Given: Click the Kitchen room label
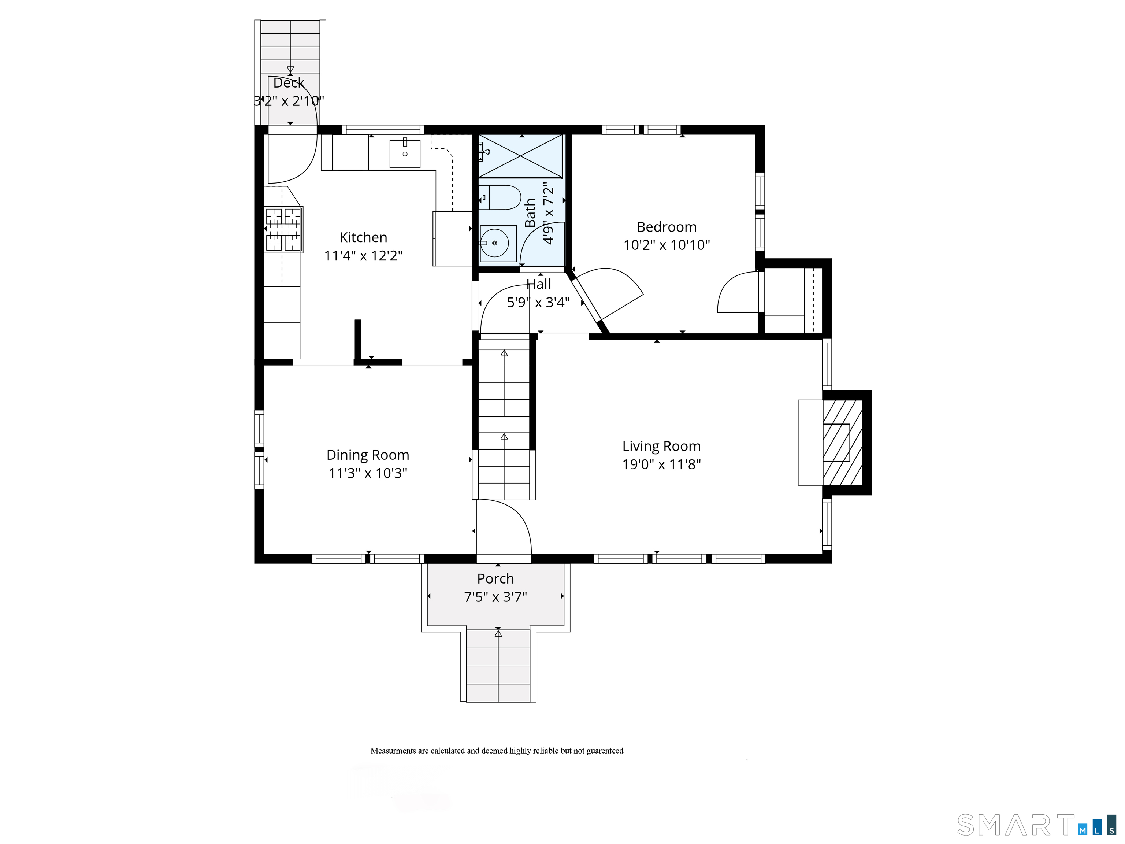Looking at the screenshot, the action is click(x=363, y=238).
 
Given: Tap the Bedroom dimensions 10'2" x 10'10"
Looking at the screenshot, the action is click(x=667, y=245).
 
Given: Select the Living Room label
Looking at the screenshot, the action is click(x=661, y=446).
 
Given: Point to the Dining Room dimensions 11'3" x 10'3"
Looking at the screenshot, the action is click(x=368, y=473).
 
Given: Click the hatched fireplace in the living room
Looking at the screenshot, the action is click(x=842, y=443).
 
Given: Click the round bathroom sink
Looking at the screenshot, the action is click(x=494, y=243).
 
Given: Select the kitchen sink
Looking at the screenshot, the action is click(x=405, y=153).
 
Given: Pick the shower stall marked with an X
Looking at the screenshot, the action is click(x=520, y=156).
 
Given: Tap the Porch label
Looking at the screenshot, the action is click(x=495, y=579).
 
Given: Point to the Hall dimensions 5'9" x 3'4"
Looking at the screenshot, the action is click(x=538, y=303).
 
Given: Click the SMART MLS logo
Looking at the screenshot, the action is click(x=1040, y=825).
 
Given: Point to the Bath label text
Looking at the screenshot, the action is click(x=530, y=213).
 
